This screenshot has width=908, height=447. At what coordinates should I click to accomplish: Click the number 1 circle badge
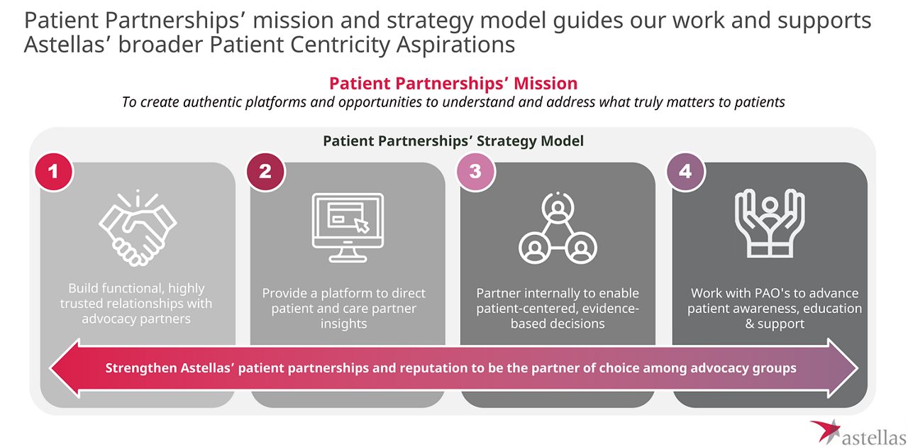54,172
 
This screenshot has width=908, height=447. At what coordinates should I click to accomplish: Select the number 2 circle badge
265,172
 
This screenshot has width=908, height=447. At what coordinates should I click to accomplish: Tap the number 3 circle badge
475,172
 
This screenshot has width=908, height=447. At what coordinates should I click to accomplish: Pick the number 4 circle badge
685,172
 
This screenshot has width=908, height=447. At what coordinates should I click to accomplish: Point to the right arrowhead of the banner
844,368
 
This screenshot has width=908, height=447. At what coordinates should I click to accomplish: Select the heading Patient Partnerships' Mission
453,83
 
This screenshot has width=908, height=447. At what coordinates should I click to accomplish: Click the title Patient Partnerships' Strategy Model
453,141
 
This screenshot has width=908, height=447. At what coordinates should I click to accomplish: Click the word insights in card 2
344,324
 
